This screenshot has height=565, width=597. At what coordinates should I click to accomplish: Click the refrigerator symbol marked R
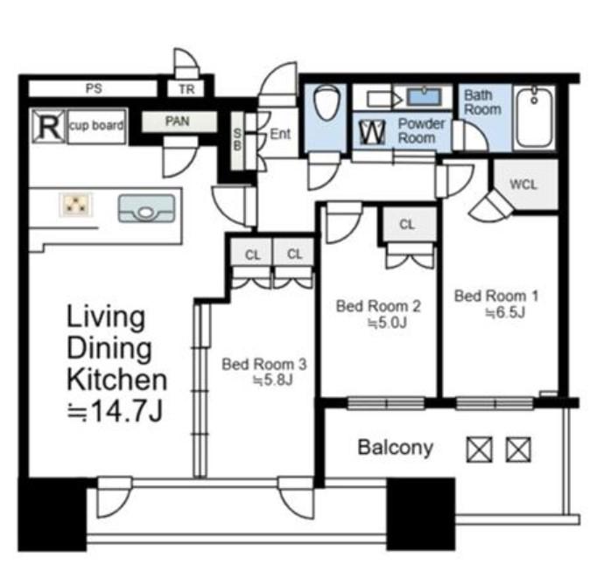click(48, 126)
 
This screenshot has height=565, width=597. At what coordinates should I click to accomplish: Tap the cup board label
click(96, 126)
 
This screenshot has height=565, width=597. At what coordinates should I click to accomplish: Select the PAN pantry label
click(178, 121)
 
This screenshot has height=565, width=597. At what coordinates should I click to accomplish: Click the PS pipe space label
click(94, 88)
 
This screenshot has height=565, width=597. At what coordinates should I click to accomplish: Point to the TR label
click(186, 89)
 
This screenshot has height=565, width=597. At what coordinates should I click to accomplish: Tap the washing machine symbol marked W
click(372, 132)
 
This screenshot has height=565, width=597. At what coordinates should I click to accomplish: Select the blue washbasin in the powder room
click(425, 96)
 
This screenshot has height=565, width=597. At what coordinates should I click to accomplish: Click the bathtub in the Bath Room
click(534, 117)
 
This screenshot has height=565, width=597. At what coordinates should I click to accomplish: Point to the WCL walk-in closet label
click(523, 185)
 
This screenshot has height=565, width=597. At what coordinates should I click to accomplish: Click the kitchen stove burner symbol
click(76, 205)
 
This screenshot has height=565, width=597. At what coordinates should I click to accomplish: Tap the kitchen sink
click(146, 208)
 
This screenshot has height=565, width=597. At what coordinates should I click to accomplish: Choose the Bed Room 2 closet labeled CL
click(407, 225)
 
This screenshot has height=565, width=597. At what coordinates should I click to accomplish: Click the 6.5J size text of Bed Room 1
click(505, 313)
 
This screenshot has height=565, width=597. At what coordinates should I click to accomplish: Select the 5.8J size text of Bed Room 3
click(273, 380)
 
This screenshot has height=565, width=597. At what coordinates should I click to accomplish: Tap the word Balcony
click(396, 448)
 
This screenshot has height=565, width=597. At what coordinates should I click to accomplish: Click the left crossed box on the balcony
click(480, 450)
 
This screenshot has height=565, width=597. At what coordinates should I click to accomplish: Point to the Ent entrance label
click(280, 134)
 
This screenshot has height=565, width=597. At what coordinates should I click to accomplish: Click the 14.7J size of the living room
click(116, 412)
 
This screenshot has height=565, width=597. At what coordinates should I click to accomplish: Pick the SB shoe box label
click(237, 139)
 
